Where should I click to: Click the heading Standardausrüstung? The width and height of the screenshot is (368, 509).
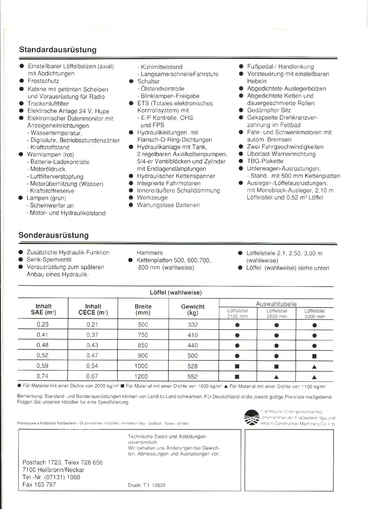tap(58, 50)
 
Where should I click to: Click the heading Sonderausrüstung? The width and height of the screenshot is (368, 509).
tap(53, 235)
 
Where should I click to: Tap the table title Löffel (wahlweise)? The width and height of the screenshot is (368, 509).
tap(176, 292)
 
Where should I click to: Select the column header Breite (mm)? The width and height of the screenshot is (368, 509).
tap(143, 310)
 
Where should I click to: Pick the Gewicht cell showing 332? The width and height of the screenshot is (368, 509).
tap(193, 325)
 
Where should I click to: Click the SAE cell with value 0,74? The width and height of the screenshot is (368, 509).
tap(42, 376)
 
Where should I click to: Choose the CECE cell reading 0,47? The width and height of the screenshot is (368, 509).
tap(92, 355)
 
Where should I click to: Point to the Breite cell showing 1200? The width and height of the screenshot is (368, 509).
tap(141, 376)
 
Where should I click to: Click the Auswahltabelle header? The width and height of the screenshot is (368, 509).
tap(276, 304)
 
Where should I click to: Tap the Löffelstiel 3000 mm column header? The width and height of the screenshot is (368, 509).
tap(315, 313)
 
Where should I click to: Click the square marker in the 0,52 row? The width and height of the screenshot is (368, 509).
tap(314, 356)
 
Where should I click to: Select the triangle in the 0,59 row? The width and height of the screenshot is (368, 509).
tap(314, 367)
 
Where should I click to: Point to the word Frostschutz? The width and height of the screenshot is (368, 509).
tap(43, 81)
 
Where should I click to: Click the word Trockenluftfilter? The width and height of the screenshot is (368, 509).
tap(48, 104)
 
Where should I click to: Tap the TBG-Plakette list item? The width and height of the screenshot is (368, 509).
tap(265, 161)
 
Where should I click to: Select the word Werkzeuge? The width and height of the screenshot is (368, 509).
tap(152, 198)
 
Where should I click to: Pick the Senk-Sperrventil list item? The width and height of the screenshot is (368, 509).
tap(49, 260)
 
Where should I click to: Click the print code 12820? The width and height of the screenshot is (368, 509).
tap(159, 485)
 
